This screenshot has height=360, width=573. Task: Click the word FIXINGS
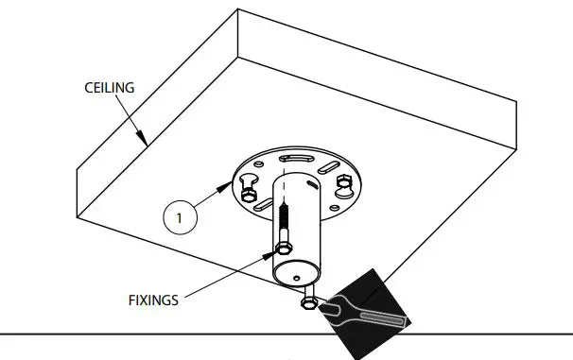[x=153, y=300]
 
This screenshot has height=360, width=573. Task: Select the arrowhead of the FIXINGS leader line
[x=275, y=254]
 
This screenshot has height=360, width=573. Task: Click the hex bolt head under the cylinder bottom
[x=308, y=304]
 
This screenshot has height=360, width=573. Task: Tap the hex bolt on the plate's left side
[x=249, y=194]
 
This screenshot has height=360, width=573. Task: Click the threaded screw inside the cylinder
[x=282, y=225]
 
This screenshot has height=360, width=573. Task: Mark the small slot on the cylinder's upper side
[x=310, y=178]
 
